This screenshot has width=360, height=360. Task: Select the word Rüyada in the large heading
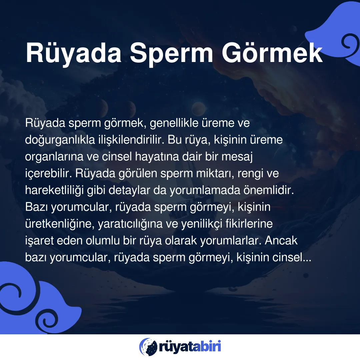tap(73, 54)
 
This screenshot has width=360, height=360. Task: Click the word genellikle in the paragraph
tap(174, 123)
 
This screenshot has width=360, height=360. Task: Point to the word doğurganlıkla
tap(60, 140)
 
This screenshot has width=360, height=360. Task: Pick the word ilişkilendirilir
tap(131, 140)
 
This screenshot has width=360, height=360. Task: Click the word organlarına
tap(54, 157)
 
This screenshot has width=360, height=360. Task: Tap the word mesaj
tap(237, 157)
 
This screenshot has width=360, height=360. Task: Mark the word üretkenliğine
tap(60, 224)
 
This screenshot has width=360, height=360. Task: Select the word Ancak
tap(281, 241)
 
